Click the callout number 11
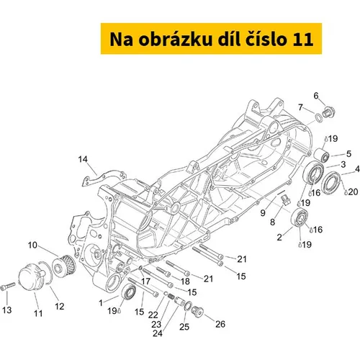[38, 313]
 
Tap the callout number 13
[7, 310]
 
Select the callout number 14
[83, 159]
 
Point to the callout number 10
[32, 245]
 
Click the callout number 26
[220, 324]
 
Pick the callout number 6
[316, 96]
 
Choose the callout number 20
[353, 192]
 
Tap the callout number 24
[158, 333]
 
